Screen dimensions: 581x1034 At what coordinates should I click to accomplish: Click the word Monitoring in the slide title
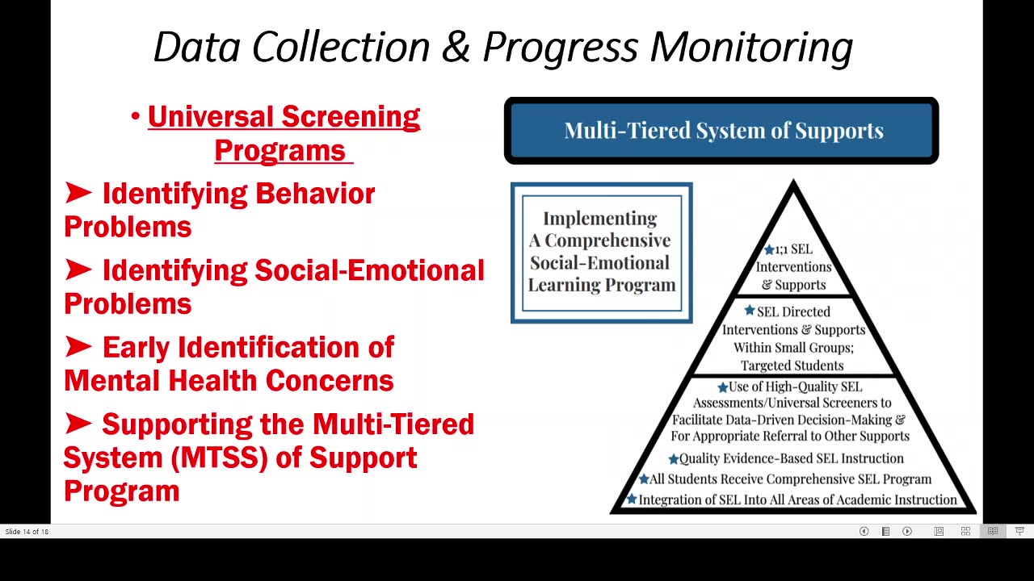coord(751,47)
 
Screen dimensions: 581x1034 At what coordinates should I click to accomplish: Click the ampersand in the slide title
coord(456,47)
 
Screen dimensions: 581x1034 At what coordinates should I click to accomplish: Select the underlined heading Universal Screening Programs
coord(283,133)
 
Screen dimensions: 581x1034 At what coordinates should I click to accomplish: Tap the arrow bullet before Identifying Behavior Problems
coord(78,193)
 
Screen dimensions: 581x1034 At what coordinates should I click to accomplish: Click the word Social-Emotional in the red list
coord(369,270)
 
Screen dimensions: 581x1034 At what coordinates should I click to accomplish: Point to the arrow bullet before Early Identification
coord(78,347)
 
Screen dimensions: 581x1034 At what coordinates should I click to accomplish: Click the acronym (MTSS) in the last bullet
coord(219,458)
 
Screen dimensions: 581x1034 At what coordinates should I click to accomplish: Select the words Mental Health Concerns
coord(229,380)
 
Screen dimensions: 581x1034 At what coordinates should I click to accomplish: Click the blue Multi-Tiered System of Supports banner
coord(721,131)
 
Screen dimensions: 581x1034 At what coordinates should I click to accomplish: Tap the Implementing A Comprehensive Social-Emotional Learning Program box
coord(601,253)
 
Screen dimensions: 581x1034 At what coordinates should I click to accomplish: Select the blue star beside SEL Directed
coord(750,311)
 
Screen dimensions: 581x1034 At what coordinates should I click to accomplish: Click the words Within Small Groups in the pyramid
coord(793,347)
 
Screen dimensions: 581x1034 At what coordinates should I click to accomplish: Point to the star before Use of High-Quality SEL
coord(722,387)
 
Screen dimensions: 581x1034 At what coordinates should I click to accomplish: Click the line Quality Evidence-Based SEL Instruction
coord(791,458)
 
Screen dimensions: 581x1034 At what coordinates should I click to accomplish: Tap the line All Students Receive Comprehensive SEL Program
coord(790,479)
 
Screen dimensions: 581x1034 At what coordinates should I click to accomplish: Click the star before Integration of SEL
coord(632,499)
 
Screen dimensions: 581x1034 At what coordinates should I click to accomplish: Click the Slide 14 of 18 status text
coord(27,531)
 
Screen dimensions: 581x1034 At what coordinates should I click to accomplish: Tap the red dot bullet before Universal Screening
coord(136,118)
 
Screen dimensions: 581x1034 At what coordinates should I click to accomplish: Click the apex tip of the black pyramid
coord(793,185)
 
